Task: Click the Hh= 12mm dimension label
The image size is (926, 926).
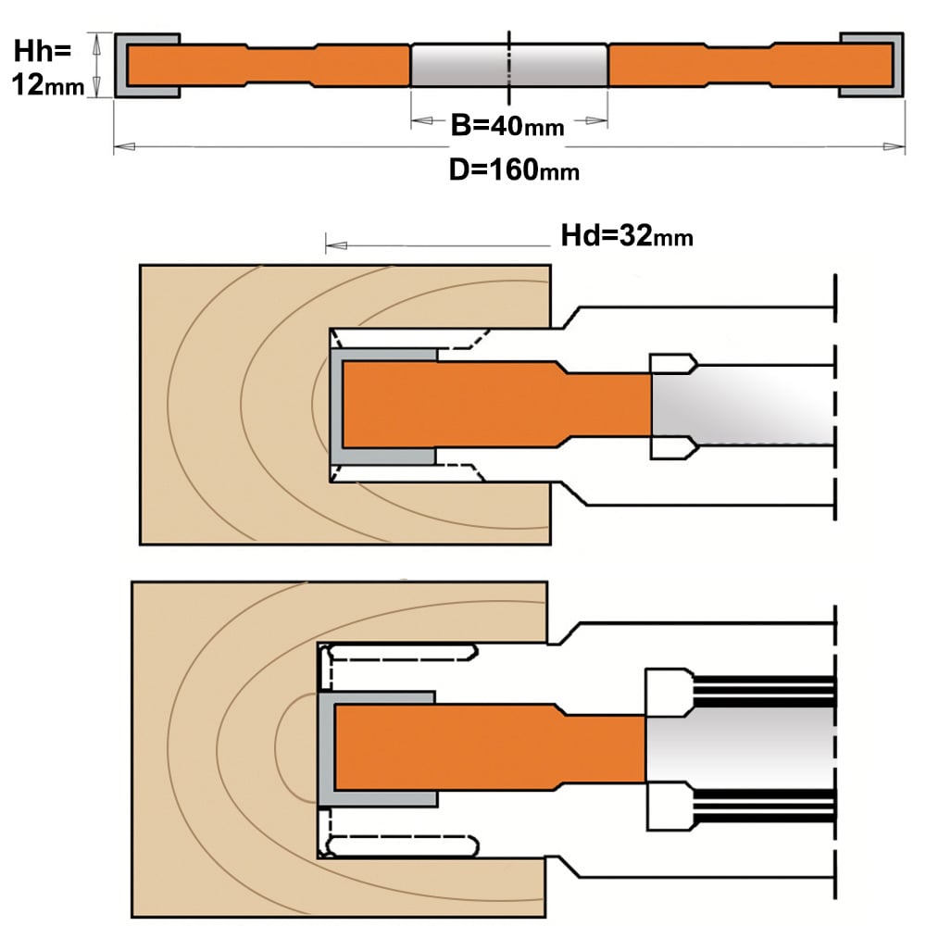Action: pos(48,68)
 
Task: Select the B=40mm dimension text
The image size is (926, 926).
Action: pos(507,125)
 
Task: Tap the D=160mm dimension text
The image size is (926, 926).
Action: pos(514,170)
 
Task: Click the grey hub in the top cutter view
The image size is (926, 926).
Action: pos(509,65)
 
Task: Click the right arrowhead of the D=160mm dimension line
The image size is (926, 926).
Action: pos(894,146)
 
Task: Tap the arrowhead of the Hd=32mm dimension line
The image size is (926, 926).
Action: pos(336,245)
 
